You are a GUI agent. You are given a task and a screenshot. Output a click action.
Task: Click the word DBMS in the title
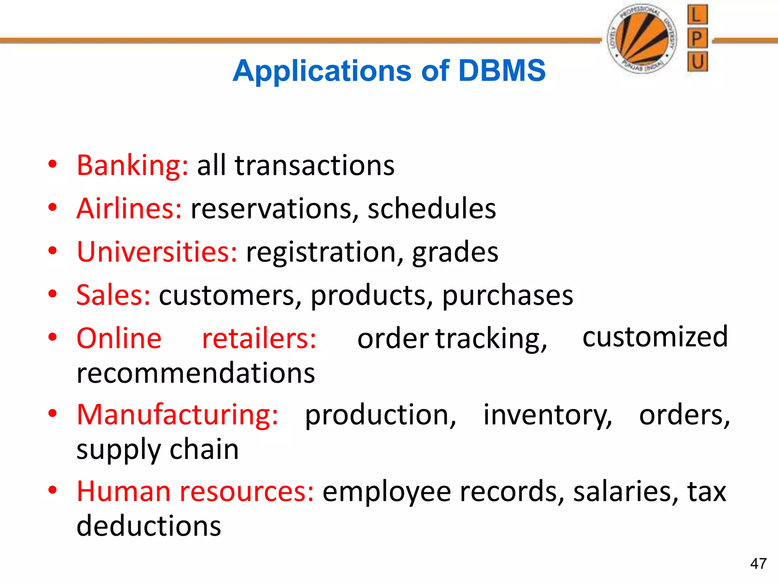(x=502, y=71)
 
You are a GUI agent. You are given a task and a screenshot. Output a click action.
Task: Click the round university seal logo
(x=642, y=38)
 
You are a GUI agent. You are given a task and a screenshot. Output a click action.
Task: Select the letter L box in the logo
(x=697, y=15)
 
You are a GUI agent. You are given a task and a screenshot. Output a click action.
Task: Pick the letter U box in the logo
(x=697, y=62)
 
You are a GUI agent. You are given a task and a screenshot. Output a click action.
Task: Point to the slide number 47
(x=758, y=563)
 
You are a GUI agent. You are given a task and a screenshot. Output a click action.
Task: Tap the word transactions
(x=315, y=166)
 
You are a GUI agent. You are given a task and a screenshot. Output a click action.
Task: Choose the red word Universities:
(x=157, y=252)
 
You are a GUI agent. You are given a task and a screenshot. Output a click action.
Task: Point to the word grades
(x=455, y=252)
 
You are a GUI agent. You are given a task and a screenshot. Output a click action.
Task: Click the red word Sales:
(x=113, y=295)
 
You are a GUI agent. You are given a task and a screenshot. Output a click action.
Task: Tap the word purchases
(x=508, y=296)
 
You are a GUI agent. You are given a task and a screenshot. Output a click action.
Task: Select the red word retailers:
(x=259, y=338)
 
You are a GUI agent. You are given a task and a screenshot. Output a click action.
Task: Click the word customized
(x=655, y=337)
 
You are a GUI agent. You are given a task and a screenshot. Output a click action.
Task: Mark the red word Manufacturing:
(x=177, y=415)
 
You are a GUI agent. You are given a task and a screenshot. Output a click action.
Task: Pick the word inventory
(x=547, y=415)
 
